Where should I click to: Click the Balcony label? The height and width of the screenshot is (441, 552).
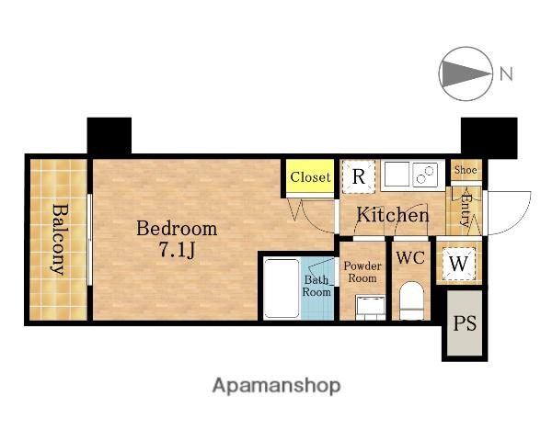(x=59, y=239)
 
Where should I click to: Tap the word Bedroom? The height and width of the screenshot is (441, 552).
(x=177, y=229)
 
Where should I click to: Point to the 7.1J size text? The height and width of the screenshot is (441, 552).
(x=177, y=250)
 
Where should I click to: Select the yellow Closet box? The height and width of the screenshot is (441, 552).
(x=310, y=176)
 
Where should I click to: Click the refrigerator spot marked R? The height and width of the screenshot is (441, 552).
(x=359, y=176)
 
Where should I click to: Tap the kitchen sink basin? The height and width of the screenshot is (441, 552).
(x=397, y=174)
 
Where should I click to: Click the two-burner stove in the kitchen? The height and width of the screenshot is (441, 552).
(x=425, y=175)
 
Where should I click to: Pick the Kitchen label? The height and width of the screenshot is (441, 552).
(x=393, y=214)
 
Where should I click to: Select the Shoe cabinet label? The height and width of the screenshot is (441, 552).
(x=466, y=170)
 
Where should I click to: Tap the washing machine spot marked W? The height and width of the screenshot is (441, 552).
(x=459, y=263)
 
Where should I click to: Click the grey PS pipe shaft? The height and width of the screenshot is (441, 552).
(x=465, y=322)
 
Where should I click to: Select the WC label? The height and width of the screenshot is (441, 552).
(x=410, y=258)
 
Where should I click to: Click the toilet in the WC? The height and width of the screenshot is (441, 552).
(x=411, y=301)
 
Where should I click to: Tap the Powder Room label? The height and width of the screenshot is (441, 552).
(x=362, y=272)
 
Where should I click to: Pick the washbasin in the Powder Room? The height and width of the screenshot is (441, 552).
(x=371, y=308)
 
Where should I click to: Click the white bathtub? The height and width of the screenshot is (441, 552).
(x=282, y=288)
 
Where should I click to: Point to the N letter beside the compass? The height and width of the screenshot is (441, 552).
(x=506, y=73)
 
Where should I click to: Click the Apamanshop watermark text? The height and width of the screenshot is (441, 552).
(x=276, y=386)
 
